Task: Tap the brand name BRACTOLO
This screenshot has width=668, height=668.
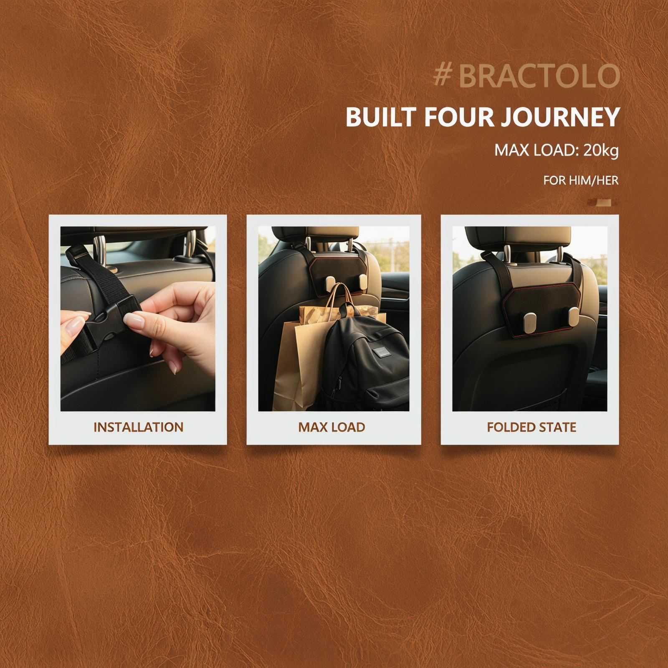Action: click(539, 76)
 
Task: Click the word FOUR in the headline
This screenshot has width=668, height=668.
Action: click(459, 117)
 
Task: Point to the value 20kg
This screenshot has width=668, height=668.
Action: click(601, 151)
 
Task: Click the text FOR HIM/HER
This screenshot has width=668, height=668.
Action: click(581, 181)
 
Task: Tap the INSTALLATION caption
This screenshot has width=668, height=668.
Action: click(138, 427)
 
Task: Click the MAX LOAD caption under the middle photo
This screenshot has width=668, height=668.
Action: click(332, 427)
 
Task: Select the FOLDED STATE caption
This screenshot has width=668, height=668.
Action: click(531, 427)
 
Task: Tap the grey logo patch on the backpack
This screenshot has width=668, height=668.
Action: click(380, 352)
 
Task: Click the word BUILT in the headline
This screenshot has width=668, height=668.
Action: click(381, 117)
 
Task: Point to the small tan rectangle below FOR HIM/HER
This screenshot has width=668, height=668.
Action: click(604, 203)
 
